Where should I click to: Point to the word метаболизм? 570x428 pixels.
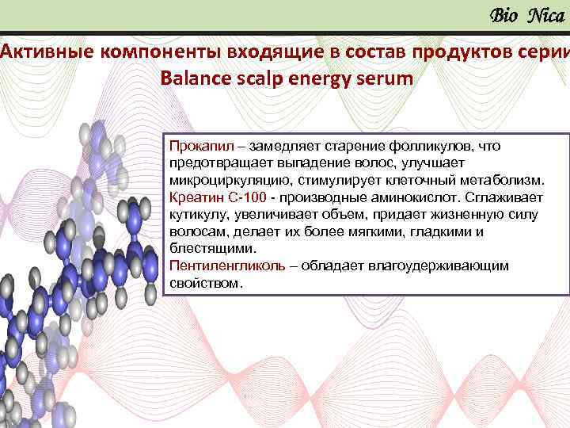pyautogui.click(x=503, y=180)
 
